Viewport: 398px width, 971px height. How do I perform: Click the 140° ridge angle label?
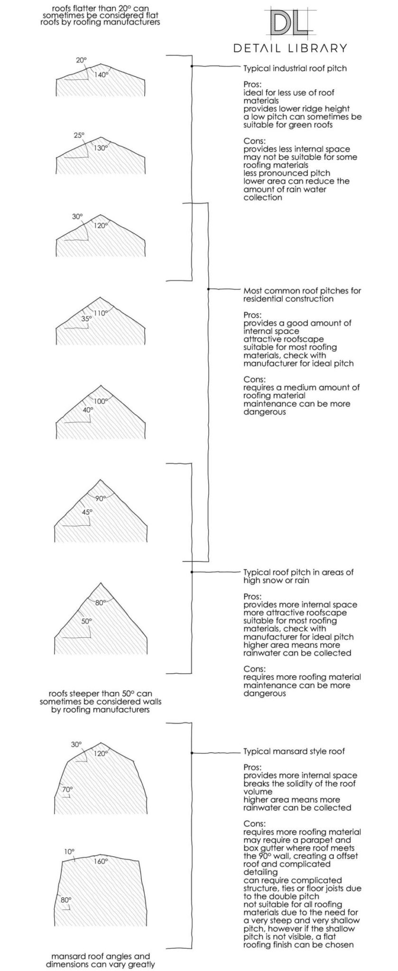(101, 74)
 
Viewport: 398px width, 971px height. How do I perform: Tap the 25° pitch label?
(79, 135)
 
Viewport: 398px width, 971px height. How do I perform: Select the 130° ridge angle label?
(101, 147)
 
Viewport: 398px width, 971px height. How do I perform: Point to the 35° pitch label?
(86, 319)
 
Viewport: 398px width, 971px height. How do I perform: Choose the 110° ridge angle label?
(101, 313)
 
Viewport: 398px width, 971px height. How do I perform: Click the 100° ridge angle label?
(101, 401)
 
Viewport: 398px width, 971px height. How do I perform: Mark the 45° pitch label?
(87, 512)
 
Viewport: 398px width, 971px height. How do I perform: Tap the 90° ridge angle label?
(101, 498)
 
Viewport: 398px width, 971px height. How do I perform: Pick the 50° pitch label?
(86, 621)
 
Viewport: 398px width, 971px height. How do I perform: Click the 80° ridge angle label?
(100, 603)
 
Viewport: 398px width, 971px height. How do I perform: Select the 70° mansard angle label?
(67, 789)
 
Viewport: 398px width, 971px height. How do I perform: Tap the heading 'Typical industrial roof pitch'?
(295, 68)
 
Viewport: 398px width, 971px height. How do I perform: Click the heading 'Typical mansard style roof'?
(294, 751)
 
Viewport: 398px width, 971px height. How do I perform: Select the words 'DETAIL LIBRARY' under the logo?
(290, 48)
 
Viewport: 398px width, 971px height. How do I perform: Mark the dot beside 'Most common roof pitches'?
(209, 288)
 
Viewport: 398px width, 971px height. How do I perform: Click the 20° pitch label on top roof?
(81, 60)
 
